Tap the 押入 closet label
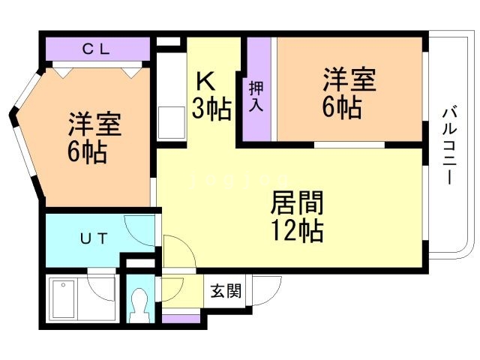pyautogui.click(x=256, y=95)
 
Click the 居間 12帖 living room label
pyautogui.click(x=296, y=216)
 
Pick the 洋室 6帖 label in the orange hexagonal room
pyautogui.click(x=94, y=139)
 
